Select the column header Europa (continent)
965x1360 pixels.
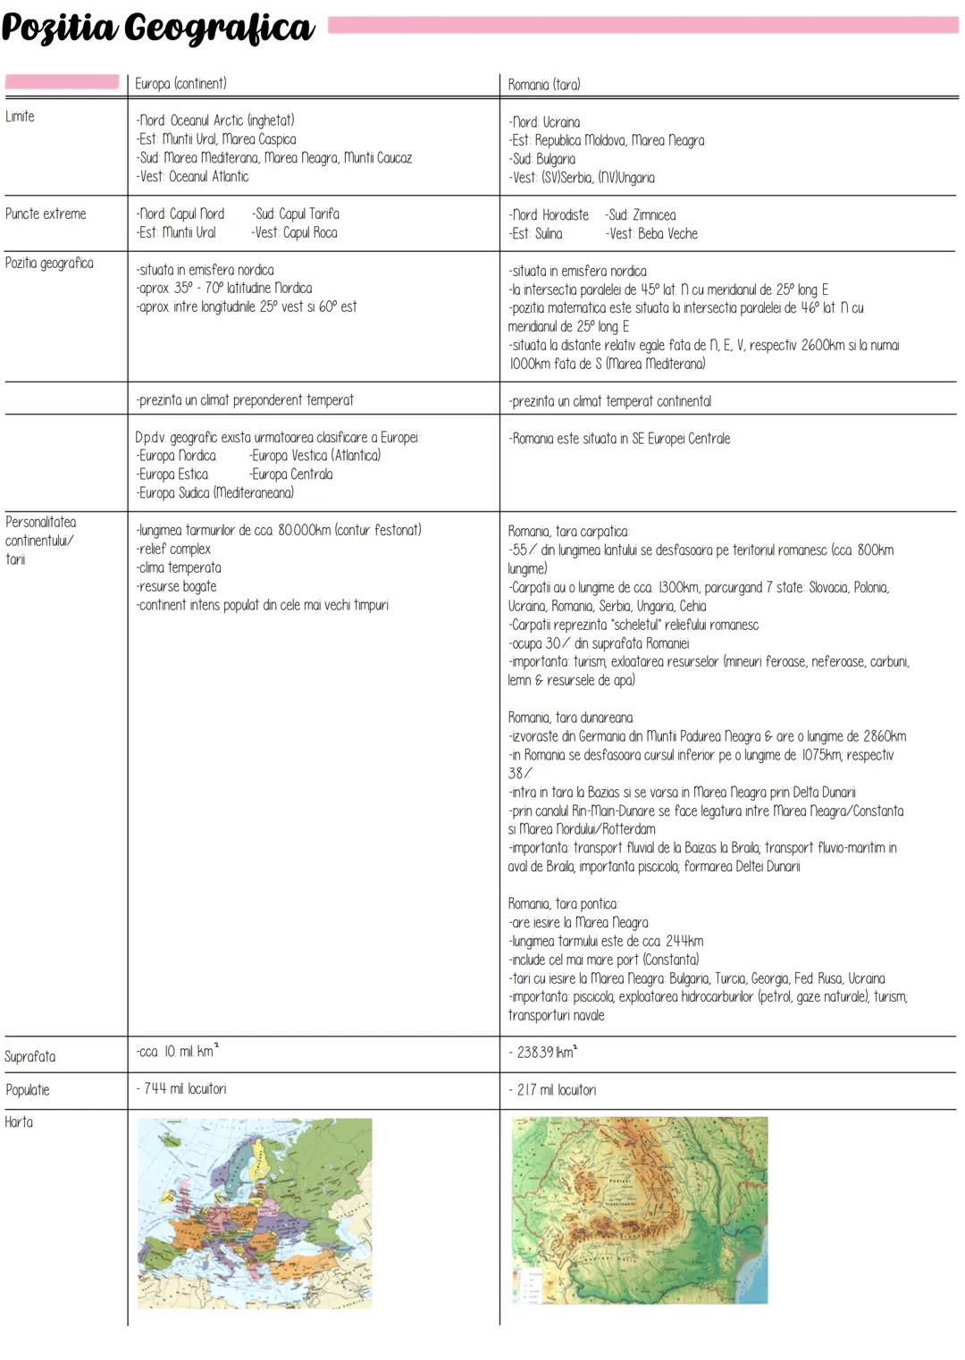[x=180, y=84]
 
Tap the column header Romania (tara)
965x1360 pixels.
[x=544, y=85]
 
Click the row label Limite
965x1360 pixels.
[x=20, y=117]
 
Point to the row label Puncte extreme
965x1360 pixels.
[x=46, y=214]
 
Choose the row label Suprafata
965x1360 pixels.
[x=30, y=1056]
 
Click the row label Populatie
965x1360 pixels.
[x=28, y=1090]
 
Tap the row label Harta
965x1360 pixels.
[x=19, y=1122]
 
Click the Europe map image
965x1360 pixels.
[x=255, y=1213]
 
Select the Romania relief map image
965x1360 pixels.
[x=640, y=1210]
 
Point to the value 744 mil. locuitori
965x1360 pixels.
[x=185, y=1089]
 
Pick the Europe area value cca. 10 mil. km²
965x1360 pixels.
[x=177, y=1052]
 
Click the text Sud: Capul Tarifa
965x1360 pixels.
[x=296, y=214]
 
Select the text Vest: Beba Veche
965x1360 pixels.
[x=652, y=234]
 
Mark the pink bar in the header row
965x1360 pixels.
[x=62, y=82]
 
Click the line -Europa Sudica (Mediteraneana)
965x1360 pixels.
[x=215, y=493]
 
